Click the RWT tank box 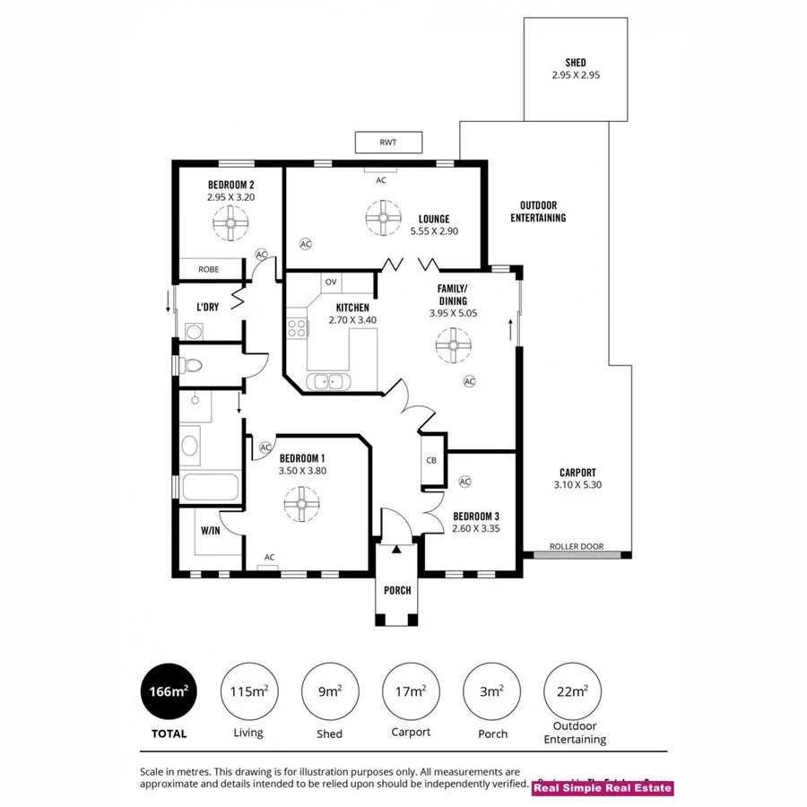pos(387,142)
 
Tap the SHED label pos(576,63)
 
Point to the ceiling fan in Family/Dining pos(454,345)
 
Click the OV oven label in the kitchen pos(331,282)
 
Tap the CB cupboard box pos(431,461)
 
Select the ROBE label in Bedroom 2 pos(209,268)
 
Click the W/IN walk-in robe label pos(210,531)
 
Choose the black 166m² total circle pos(169,691)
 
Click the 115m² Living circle pos(247,691)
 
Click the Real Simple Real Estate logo pos(603,788)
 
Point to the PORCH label pos(396,590)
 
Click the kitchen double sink pos(329,381)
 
